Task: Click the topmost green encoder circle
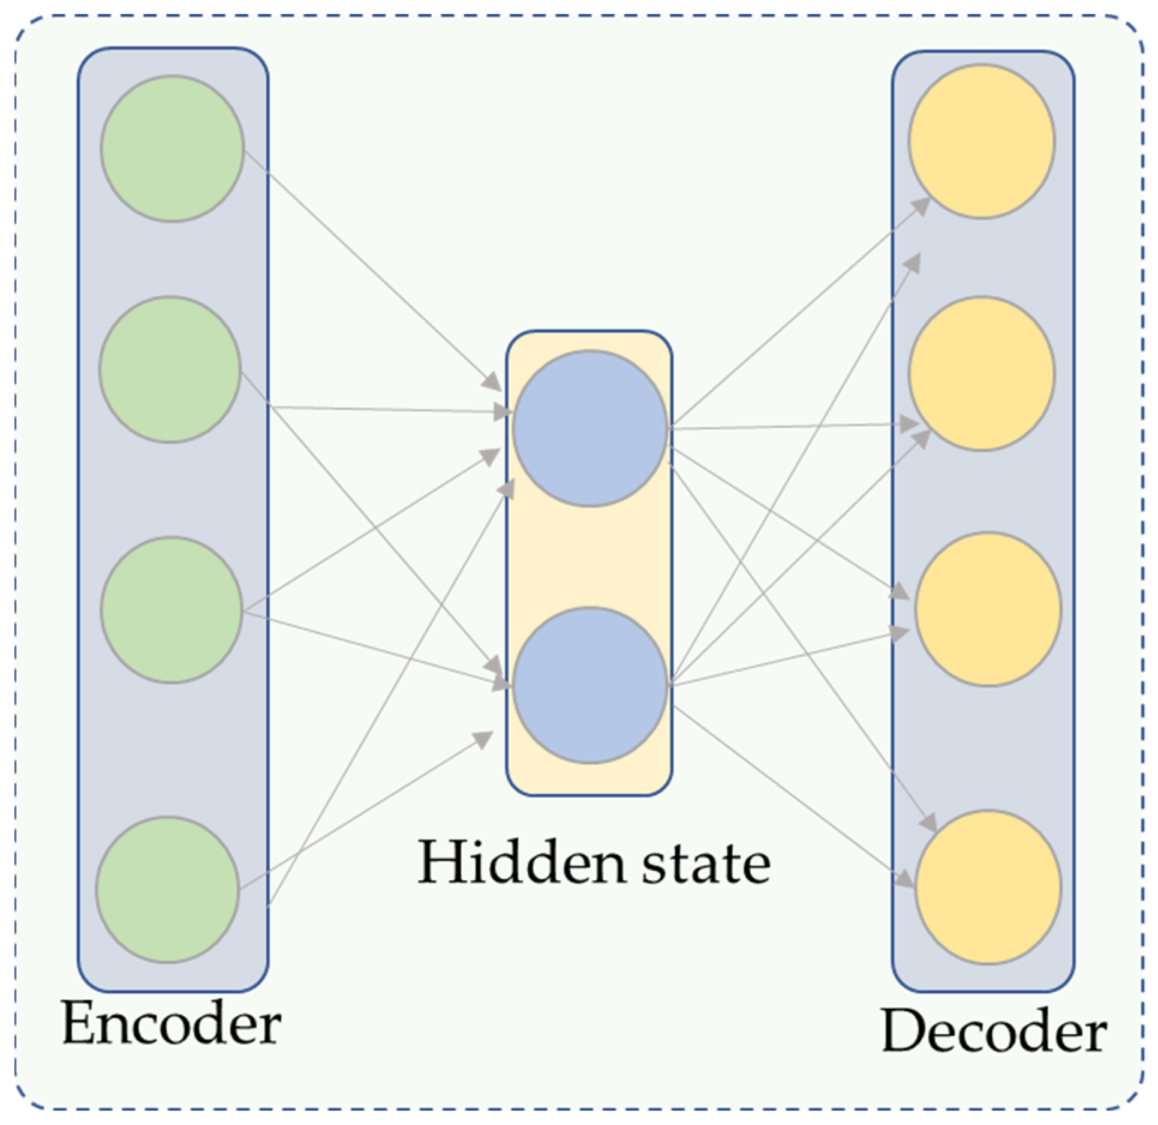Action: pos(172,148)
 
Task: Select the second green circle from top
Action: pos(170,369)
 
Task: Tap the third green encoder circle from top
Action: pos(172,610)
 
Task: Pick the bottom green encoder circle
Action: pos(168,889)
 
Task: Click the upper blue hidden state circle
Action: pos(590,428)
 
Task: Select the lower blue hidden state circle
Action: pos(590,685)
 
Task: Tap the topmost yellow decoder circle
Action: pos(981,142)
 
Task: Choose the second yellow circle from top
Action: pos(981,373)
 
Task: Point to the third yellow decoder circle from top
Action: pos(988,609)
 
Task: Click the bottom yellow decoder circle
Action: pos(988,888)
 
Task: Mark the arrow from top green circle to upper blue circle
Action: pos(372,270)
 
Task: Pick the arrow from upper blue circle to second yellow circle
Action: pos(792,426)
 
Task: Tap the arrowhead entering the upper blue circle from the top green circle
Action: pos(493,381)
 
